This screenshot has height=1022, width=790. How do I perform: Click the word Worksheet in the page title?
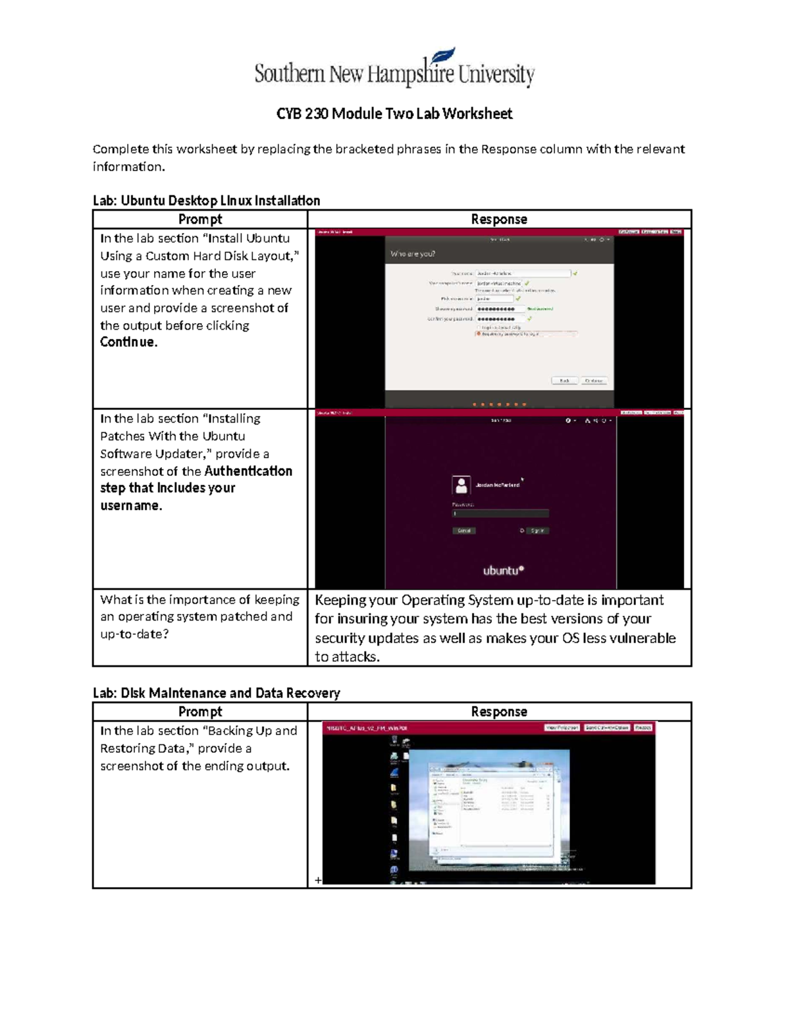(477, 114)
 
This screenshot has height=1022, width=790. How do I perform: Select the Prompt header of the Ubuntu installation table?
(200, 219)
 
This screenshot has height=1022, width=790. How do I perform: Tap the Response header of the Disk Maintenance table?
(498, 711)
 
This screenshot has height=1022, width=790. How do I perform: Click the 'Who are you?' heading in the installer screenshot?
(413, 254)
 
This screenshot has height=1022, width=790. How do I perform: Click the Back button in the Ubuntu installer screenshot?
(564, 381)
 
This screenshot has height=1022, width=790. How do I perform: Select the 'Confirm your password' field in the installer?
(500, 319)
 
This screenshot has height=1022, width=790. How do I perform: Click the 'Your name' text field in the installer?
(523, 273)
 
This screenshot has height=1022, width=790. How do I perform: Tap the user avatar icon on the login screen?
(461, 485)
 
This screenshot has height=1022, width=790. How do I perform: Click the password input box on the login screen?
(500, 513)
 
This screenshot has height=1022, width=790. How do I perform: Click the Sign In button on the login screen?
(537, 530)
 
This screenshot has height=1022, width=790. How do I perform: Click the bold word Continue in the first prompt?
(128, 342)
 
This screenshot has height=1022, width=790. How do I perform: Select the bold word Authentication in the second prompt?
(248, 471)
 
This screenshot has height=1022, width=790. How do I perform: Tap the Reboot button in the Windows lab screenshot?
(643, 728)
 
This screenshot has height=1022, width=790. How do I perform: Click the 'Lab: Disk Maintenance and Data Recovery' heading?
(217, 693)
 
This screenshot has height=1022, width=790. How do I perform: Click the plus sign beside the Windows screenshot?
(318, 880)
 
